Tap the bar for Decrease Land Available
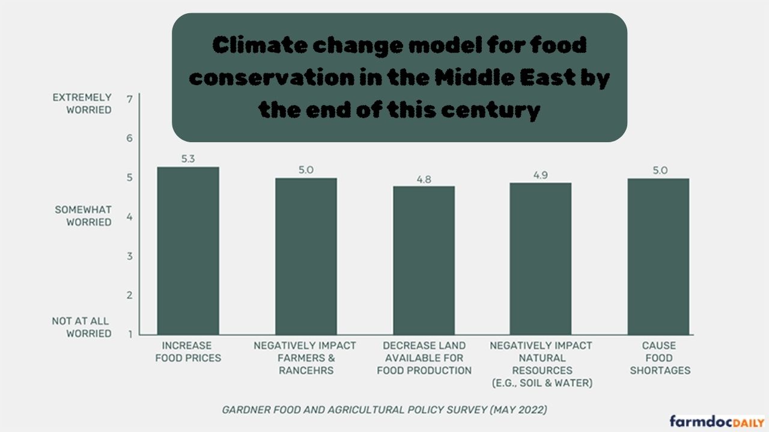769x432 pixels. click(x=424, y=260)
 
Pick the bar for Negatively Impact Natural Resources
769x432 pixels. click(x=541, y=259)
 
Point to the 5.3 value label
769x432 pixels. click(x=188, y=159)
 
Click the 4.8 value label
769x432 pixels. click(x=424, y=179)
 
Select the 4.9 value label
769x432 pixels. click(x=541, y=175)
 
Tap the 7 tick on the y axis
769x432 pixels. click(x=130, y=98)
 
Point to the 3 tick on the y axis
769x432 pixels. click(x=130, y=256)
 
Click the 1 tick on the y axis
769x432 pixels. click(x=130, y=334)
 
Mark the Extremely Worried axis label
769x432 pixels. click(x=82, y=103)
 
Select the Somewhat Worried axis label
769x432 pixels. click(x=84, y=216)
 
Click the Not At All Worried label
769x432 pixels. click(x=82, y=327)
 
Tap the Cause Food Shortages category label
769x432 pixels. click(x=659, y=358)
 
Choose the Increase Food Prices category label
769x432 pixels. click(x=187, y=352)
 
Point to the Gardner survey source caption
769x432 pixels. click(x=384, y=410)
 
